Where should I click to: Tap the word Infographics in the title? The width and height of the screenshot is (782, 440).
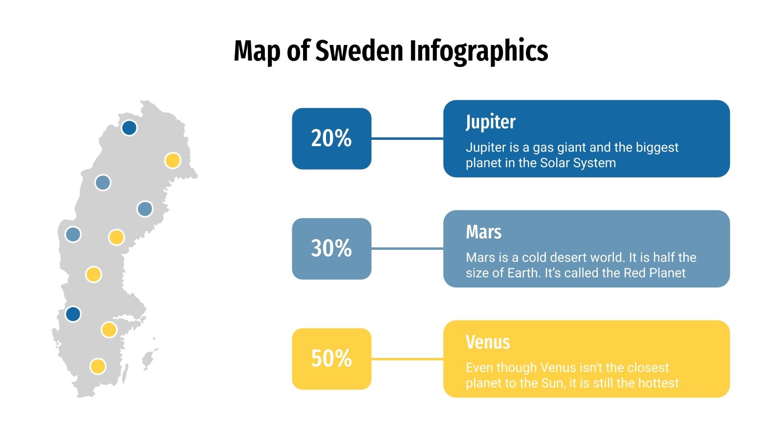[x=478, y=51]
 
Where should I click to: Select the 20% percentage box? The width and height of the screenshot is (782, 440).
[x=331, y=138]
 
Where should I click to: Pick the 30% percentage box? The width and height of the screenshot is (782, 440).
[x=331, y=248]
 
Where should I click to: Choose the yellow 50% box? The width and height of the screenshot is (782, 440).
[x=331, y=358]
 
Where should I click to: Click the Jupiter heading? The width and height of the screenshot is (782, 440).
[x=490, y=122]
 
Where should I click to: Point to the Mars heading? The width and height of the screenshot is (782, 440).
[x=483, y=232]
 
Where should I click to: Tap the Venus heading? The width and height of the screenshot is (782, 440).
[x=487, y=342]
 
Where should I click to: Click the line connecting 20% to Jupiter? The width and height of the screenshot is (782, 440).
[x=407, y=138]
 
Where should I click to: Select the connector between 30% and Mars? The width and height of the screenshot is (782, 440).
[x=407, y=248]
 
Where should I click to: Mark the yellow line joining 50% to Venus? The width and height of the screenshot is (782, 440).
[x=407, y=359]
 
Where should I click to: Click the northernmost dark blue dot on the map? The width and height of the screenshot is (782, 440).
[x=129, y=128]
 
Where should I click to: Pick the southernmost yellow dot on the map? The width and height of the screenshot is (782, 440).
[x=98, y=366]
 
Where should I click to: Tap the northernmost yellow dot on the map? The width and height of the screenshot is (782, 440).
[x=173, y=160]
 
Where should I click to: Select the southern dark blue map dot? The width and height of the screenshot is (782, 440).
[x=73, y=314]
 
